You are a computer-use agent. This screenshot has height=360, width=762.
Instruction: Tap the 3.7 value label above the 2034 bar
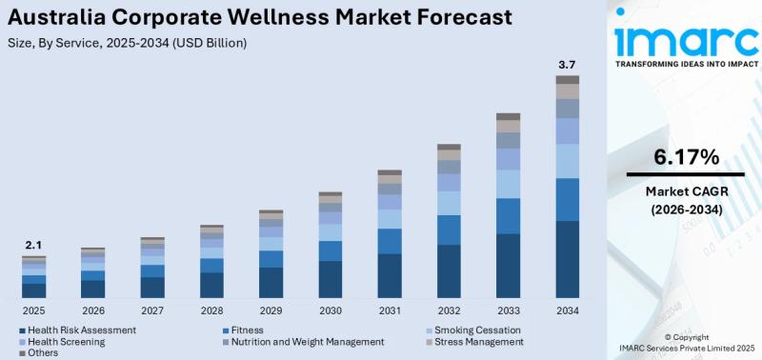click(x=567, y=65)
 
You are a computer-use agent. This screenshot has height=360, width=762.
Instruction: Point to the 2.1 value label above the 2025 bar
click(x=33, y=245)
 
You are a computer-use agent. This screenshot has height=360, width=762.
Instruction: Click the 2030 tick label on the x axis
click(x=331, y=310)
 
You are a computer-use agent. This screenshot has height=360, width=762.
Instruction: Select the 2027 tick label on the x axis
click(x=152, y=310)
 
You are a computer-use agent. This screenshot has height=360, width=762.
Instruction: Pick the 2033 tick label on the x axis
click(x=508, y=310)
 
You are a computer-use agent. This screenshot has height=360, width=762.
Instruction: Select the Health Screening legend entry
click(x=68, y=341)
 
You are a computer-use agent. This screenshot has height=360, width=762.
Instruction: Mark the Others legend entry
click(x=42, y=352)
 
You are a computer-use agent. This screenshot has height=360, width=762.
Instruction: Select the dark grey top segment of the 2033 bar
click(x=508, y=116)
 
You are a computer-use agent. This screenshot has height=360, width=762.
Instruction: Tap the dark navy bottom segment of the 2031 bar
click(x=390, y=276)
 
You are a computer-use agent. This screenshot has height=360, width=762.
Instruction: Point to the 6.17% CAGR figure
click(x=686, y=157)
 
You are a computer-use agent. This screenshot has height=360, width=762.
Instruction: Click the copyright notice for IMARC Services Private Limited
click(x=685, y=343)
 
